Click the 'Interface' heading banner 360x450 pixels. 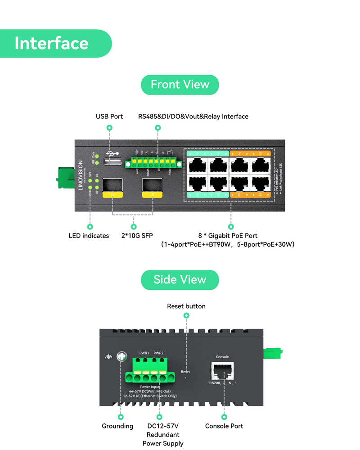52,44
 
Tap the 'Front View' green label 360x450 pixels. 180,85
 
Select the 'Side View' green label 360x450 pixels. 180,279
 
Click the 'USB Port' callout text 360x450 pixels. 109,117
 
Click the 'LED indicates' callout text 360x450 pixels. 89,235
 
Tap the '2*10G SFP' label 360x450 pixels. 134,235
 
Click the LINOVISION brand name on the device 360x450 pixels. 81,176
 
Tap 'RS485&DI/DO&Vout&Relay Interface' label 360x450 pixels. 193,117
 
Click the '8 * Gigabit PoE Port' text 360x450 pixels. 228,235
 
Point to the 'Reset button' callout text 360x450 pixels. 186,306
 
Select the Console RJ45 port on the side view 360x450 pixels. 222,371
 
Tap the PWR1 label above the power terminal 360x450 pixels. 144,353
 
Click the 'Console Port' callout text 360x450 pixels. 224,426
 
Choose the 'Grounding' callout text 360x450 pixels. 117,426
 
